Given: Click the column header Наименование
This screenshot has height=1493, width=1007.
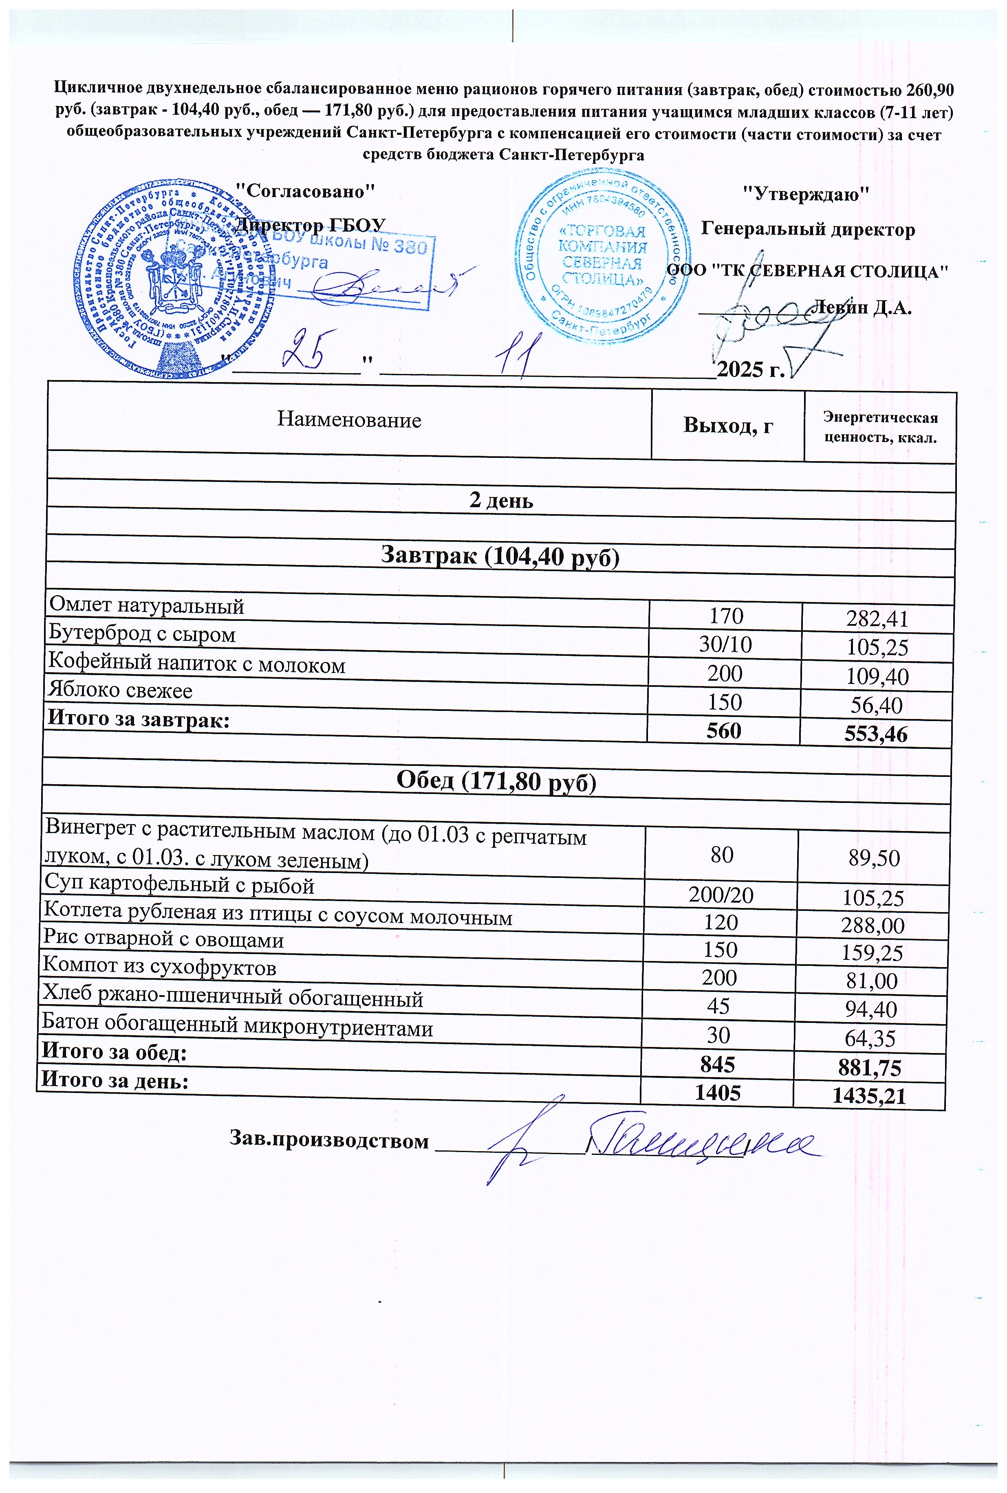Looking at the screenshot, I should point(349,420).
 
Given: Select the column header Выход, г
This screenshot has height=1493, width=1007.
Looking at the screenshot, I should point(727,425).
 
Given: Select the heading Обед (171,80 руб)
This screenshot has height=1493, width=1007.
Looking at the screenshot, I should point(496,781).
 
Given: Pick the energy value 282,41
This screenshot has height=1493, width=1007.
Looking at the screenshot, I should point(877,619).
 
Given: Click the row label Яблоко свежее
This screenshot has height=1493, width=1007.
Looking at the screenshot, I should point(120,690).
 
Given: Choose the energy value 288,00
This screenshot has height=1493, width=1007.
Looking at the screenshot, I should point(873,926).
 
